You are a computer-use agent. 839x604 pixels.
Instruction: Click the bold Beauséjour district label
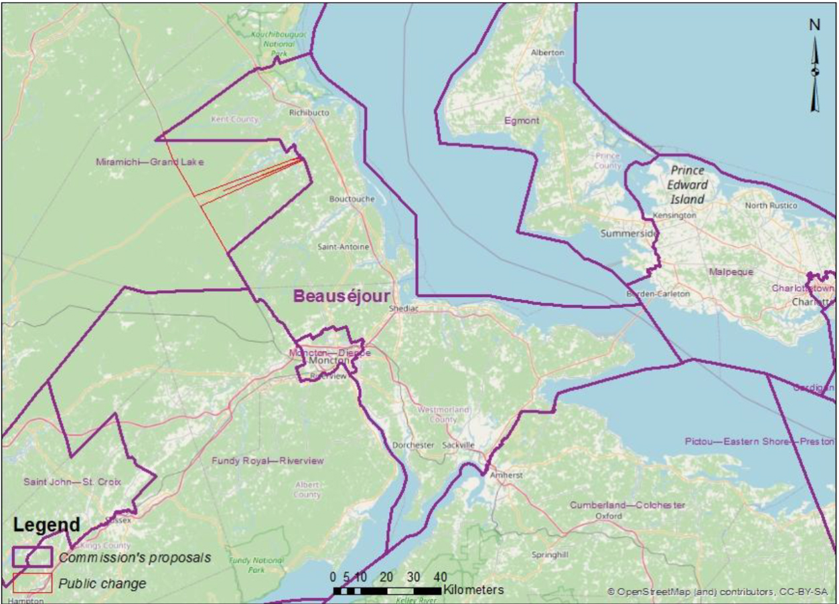click(x=332, y=296)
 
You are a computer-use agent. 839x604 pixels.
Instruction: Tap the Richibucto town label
click(x=309, y=113)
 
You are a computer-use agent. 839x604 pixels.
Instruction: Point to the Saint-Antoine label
click(x=343, y=247)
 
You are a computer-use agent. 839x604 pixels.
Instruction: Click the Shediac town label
click(x=402, y=309)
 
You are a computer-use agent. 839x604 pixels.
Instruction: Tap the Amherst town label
click(x=505, y=475)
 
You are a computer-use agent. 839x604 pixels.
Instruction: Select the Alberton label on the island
click(x=547, y=52)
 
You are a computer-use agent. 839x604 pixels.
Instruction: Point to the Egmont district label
click(x=522, y=121)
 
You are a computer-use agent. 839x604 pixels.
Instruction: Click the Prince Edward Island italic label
click(x=688, y=185)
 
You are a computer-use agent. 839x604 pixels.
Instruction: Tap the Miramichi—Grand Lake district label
click(x=149, y=162)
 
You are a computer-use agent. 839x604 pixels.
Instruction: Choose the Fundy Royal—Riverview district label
click(x=267, y=461)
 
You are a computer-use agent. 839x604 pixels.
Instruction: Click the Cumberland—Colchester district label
click(x=627, y=505)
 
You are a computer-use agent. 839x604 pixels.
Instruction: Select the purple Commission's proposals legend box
click(x=32, y=557)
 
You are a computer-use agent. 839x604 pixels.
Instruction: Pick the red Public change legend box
click(x=32, y=583)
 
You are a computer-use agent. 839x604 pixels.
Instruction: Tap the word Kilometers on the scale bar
click(x=473, y=590)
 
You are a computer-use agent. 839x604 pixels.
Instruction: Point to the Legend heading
click(x=45, y=526)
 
